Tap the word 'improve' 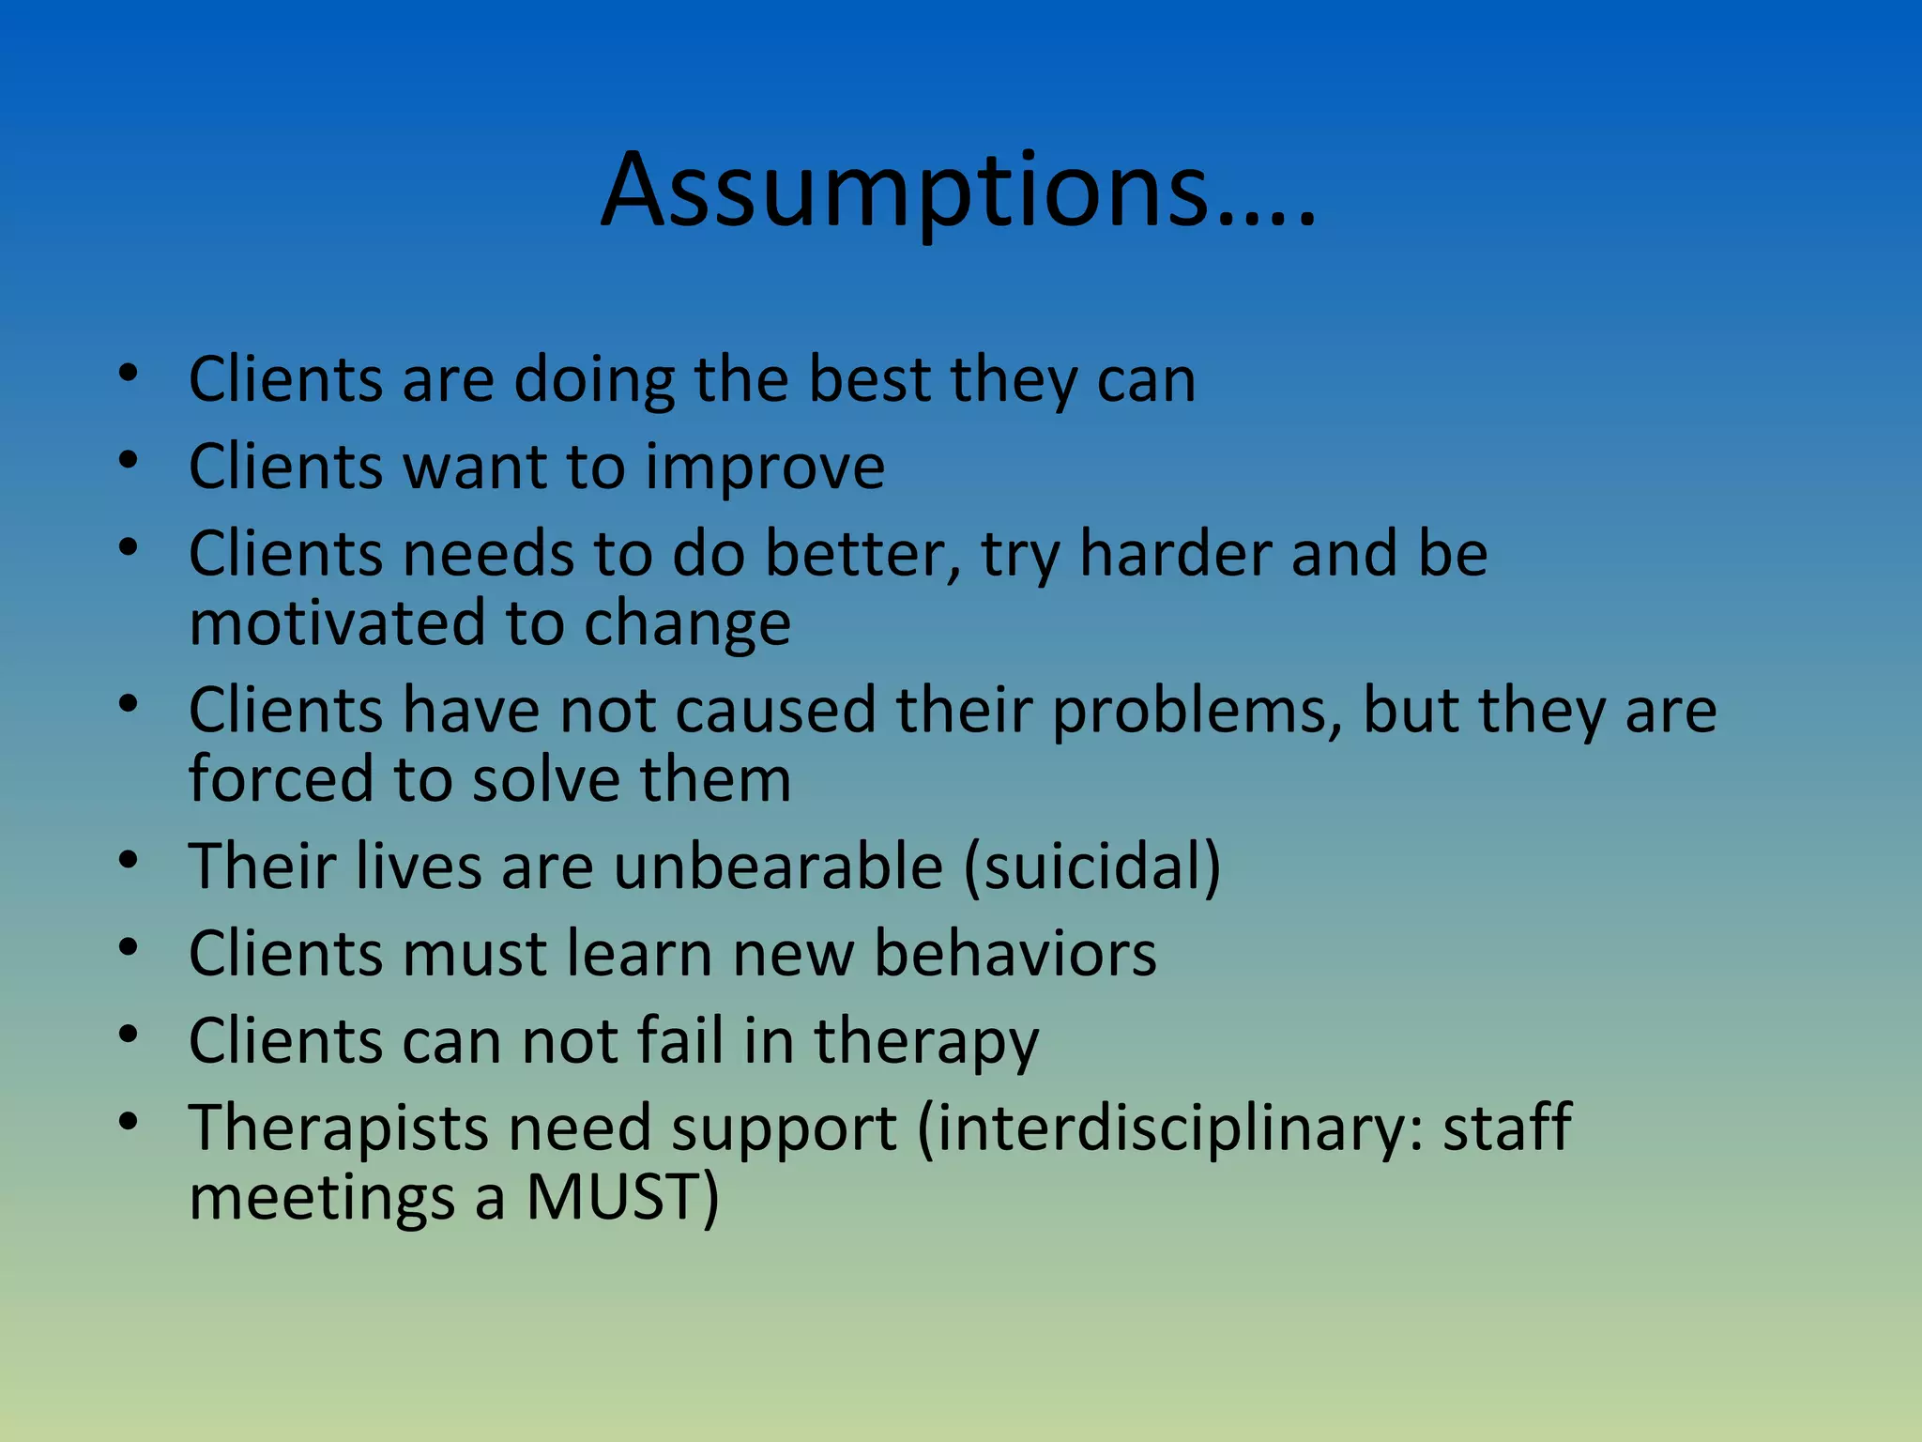pos(764,468)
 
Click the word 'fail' pos(680,1041)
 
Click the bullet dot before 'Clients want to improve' pos(129,460)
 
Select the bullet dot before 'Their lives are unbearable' pos(129,858)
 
